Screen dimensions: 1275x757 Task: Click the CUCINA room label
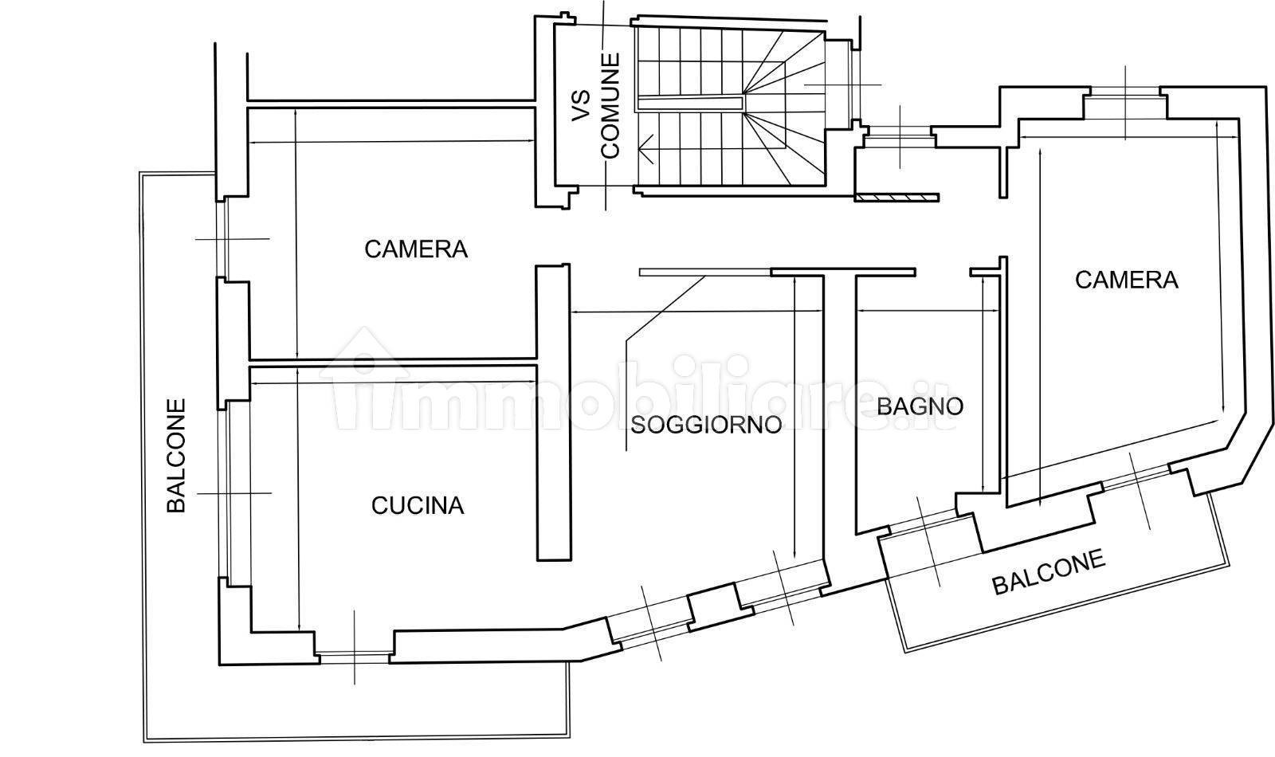point(418,505)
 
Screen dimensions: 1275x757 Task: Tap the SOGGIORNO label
point(706,426)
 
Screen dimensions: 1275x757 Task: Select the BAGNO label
point(920,406)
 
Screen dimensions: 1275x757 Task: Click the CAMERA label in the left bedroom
point(416,249)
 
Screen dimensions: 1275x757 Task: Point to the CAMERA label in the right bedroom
point(1127,280)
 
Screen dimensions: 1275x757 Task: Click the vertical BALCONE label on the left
point(176,455)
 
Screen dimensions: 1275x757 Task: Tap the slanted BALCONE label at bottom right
point(1049,571)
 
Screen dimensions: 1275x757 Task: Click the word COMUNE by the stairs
point(610,106)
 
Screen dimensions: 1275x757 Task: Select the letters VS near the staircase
point(582,107)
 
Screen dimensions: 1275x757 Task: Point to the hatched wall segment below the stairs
point(896,197)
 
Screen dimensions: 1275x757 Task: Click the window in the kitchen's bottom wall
point(354,657)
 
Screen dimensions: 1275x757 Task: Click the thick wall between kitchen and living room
point(553,413)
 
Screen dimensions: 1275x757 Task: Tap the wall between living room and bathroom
point(840,404)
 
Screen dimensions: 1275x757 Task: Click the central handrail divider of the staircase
point(689,103)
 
